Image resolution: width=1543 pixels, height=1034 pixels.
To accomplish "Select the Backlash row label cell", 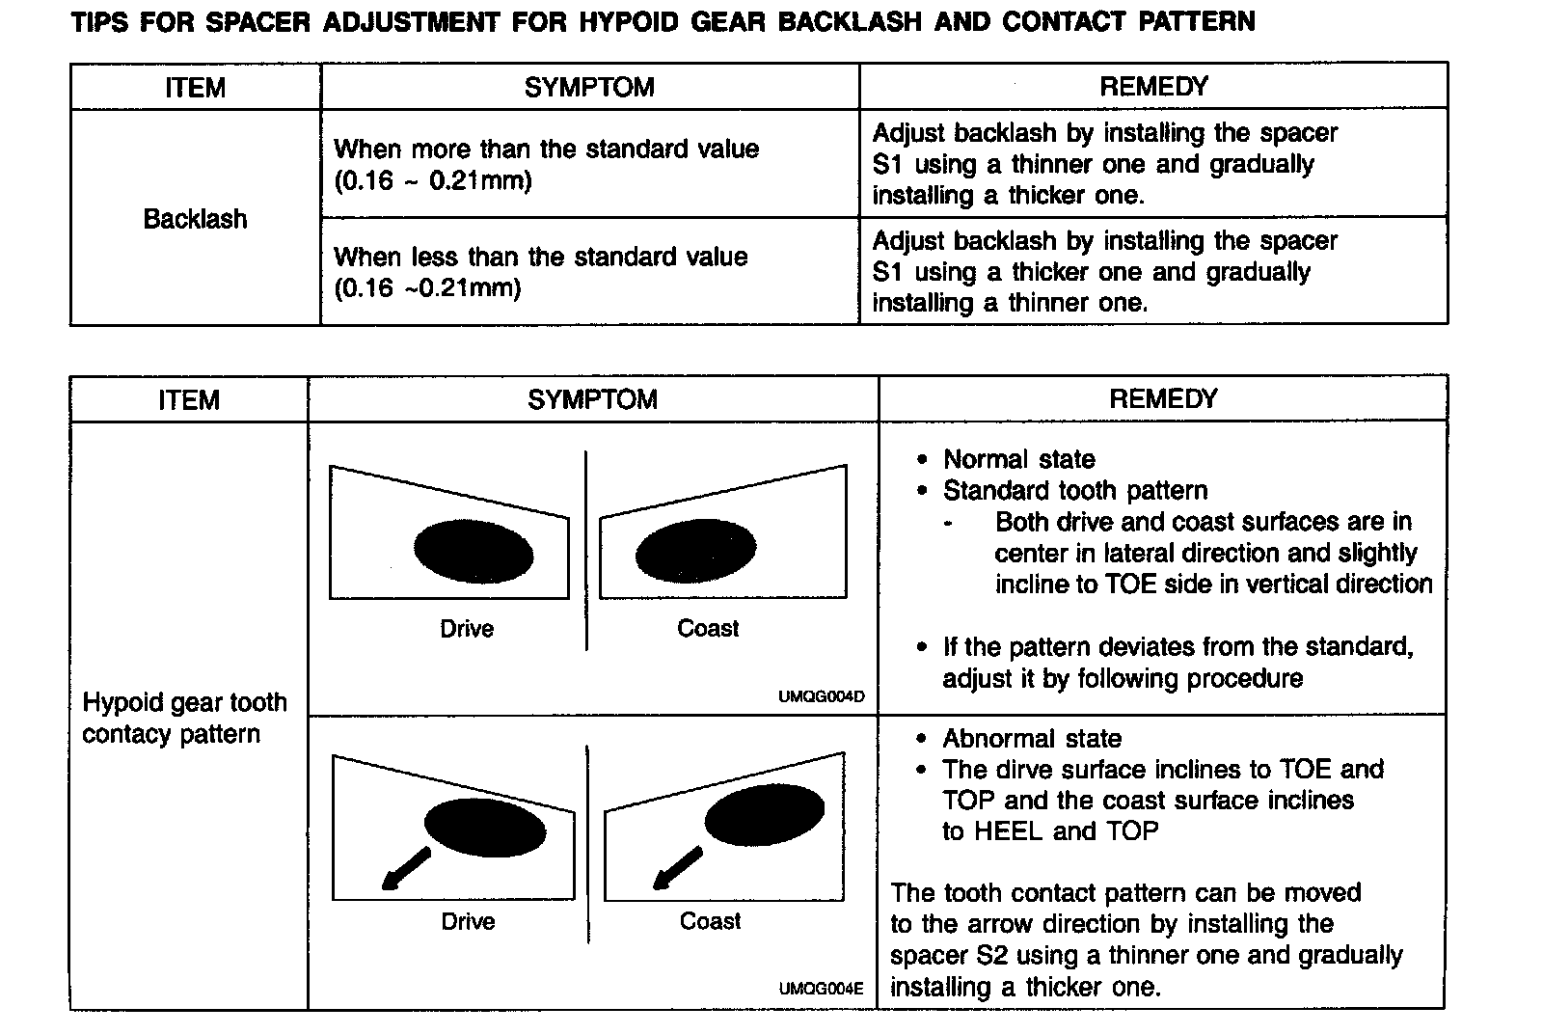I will click(195, 219).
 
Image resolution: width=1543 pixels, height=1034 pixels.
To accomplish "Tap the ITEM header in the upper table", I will click(195, 88).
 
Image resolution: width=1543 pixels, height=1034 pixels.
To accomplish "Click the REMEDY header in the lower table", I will click(1163, 399).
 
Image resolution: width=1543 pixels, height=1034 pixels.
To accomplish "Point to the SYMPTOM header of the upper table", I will click(589, 88).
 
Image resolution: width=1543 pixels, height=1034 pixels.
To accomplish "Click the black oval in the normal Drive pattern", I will click(474, 552).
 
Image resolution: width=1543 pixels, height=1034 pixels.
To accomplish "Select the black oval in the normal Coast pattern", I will click(695, 552).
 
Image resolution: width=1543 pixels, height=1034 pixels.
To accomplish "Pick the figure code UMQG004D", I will click(822, 696).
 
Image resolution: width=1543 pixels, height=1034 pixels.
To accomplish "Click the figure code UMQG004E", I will click(822, 990).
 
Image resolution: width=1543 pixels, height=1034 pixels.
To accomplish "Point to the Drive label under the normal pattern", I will click(467, 629).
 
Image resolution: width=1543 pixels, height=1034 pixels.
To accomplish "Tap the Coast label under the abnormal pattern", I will click(710, 921).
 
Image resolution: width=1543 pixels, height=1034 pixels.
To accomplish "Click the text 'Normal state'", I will click(1018, 459).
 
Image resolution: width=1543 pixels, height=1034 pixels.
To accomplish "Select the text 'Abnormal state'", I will click(1032, 739).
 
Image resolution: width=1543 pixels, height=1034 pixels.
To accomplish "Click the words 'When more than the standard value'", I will click(546, 150).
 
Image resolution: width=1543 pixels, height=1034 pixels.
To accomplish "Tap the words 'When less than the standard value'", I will click(540, 257).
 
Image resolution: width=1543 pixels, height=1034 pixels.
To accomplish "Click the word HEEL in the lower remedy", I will click(1010, 831).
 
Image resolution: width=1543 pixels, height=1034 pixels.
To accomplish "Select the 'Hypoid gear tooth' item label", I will click(185, 702).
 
